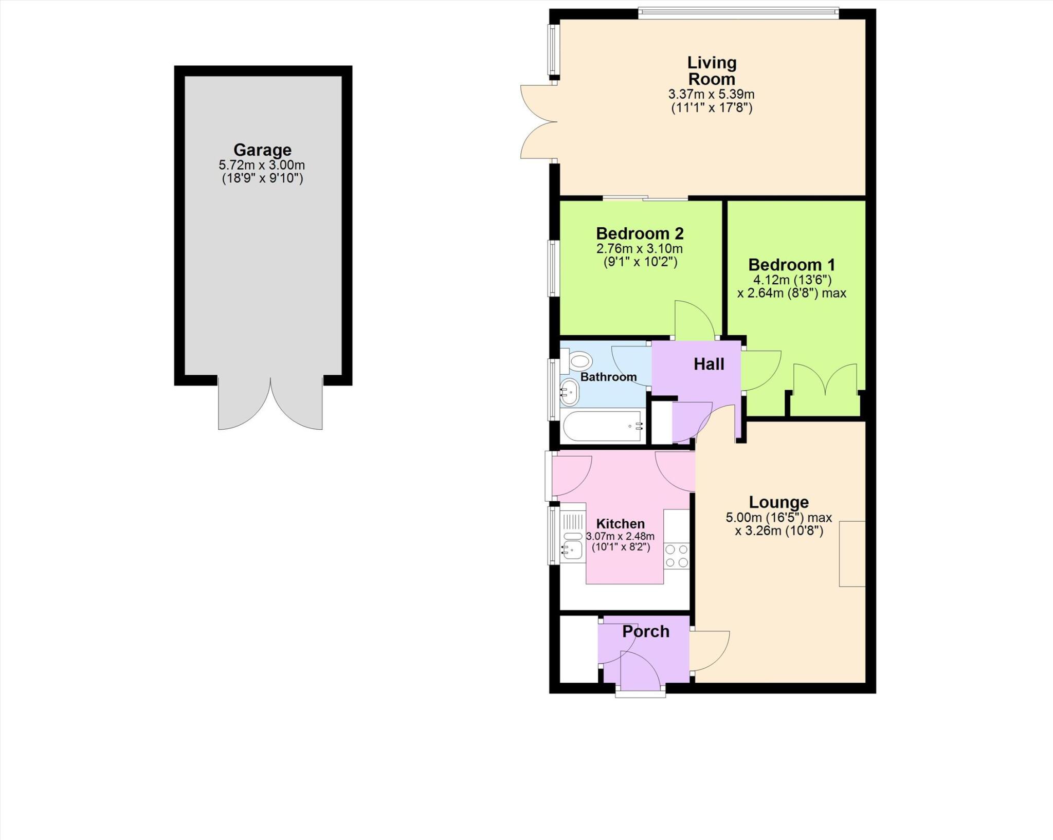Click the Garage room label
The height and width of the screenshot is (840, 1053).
[262, 150]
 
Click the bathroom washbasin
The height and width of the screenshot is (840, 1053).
[569, 392]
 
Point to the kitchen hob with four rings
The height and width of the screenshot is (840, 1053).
[676, 556]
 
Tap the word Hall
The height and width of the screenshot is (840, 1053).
[709, 364]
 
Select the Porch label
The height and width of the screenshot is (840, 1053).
[646, 631]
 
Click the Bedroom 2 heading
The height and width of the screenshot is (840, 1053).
[640, 233]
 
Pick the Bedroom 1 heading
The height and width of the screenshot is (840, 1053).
[791, 265]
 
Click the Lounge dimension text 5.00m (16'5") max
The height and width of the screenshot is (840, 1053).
[778, 517]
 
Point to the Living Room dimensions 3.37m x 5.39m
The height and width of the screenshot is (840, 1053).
[711, 95]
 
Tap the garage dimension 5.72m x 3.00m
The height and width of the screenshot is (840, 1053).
[262, 166]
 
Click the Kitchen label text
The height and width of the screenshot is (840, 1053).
[620, 524]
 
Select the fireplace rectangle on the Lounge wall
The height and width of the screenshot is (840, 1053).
[852, 554]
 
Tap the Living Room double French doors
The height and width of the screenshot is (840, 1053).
[539, 122]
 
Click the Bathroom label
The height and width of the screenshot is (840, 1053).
[608, 377]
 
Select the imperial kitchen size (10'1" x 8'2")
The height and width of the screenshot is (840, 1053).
[621, 547]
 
